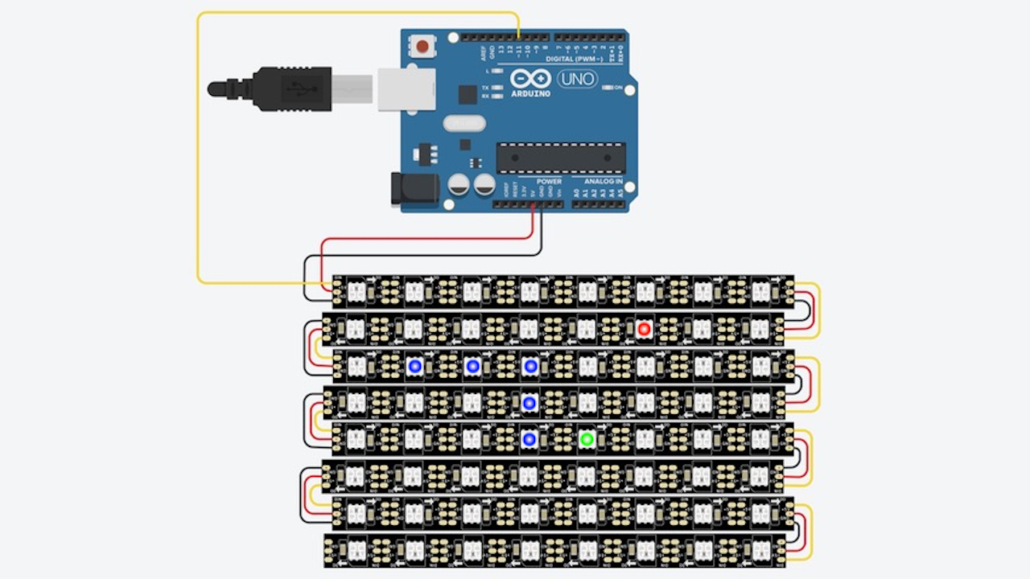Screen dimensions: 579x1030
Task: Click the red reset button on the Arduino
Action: pos(422,46)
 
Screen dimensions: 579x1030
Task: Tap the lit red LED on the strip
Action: pos(644,329)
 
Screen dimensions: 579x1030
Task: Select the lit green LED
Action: pos(587,439)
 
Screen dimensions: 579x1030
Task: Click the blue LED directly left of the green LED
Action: pos(529,439)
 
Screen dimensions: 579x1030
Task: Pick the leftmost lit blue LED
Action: pos(414,367)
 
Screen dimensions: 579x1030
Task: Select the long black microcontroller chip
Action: pos(560,158)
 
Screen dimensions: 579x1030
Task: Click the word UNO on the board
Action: pos(576,79)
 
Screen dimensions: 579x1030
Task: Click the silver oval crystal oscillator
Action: pos(463,123)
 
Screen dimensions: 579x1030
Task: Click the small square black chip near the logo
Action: pos(468,94)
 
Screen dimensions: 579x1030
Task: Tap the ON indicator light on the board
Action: pos(615,87)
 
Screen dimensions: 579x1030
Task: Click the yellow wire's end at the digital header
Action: pos(519,37)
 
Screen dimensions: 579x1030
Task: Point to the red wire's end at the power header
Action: pos(533,205)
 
